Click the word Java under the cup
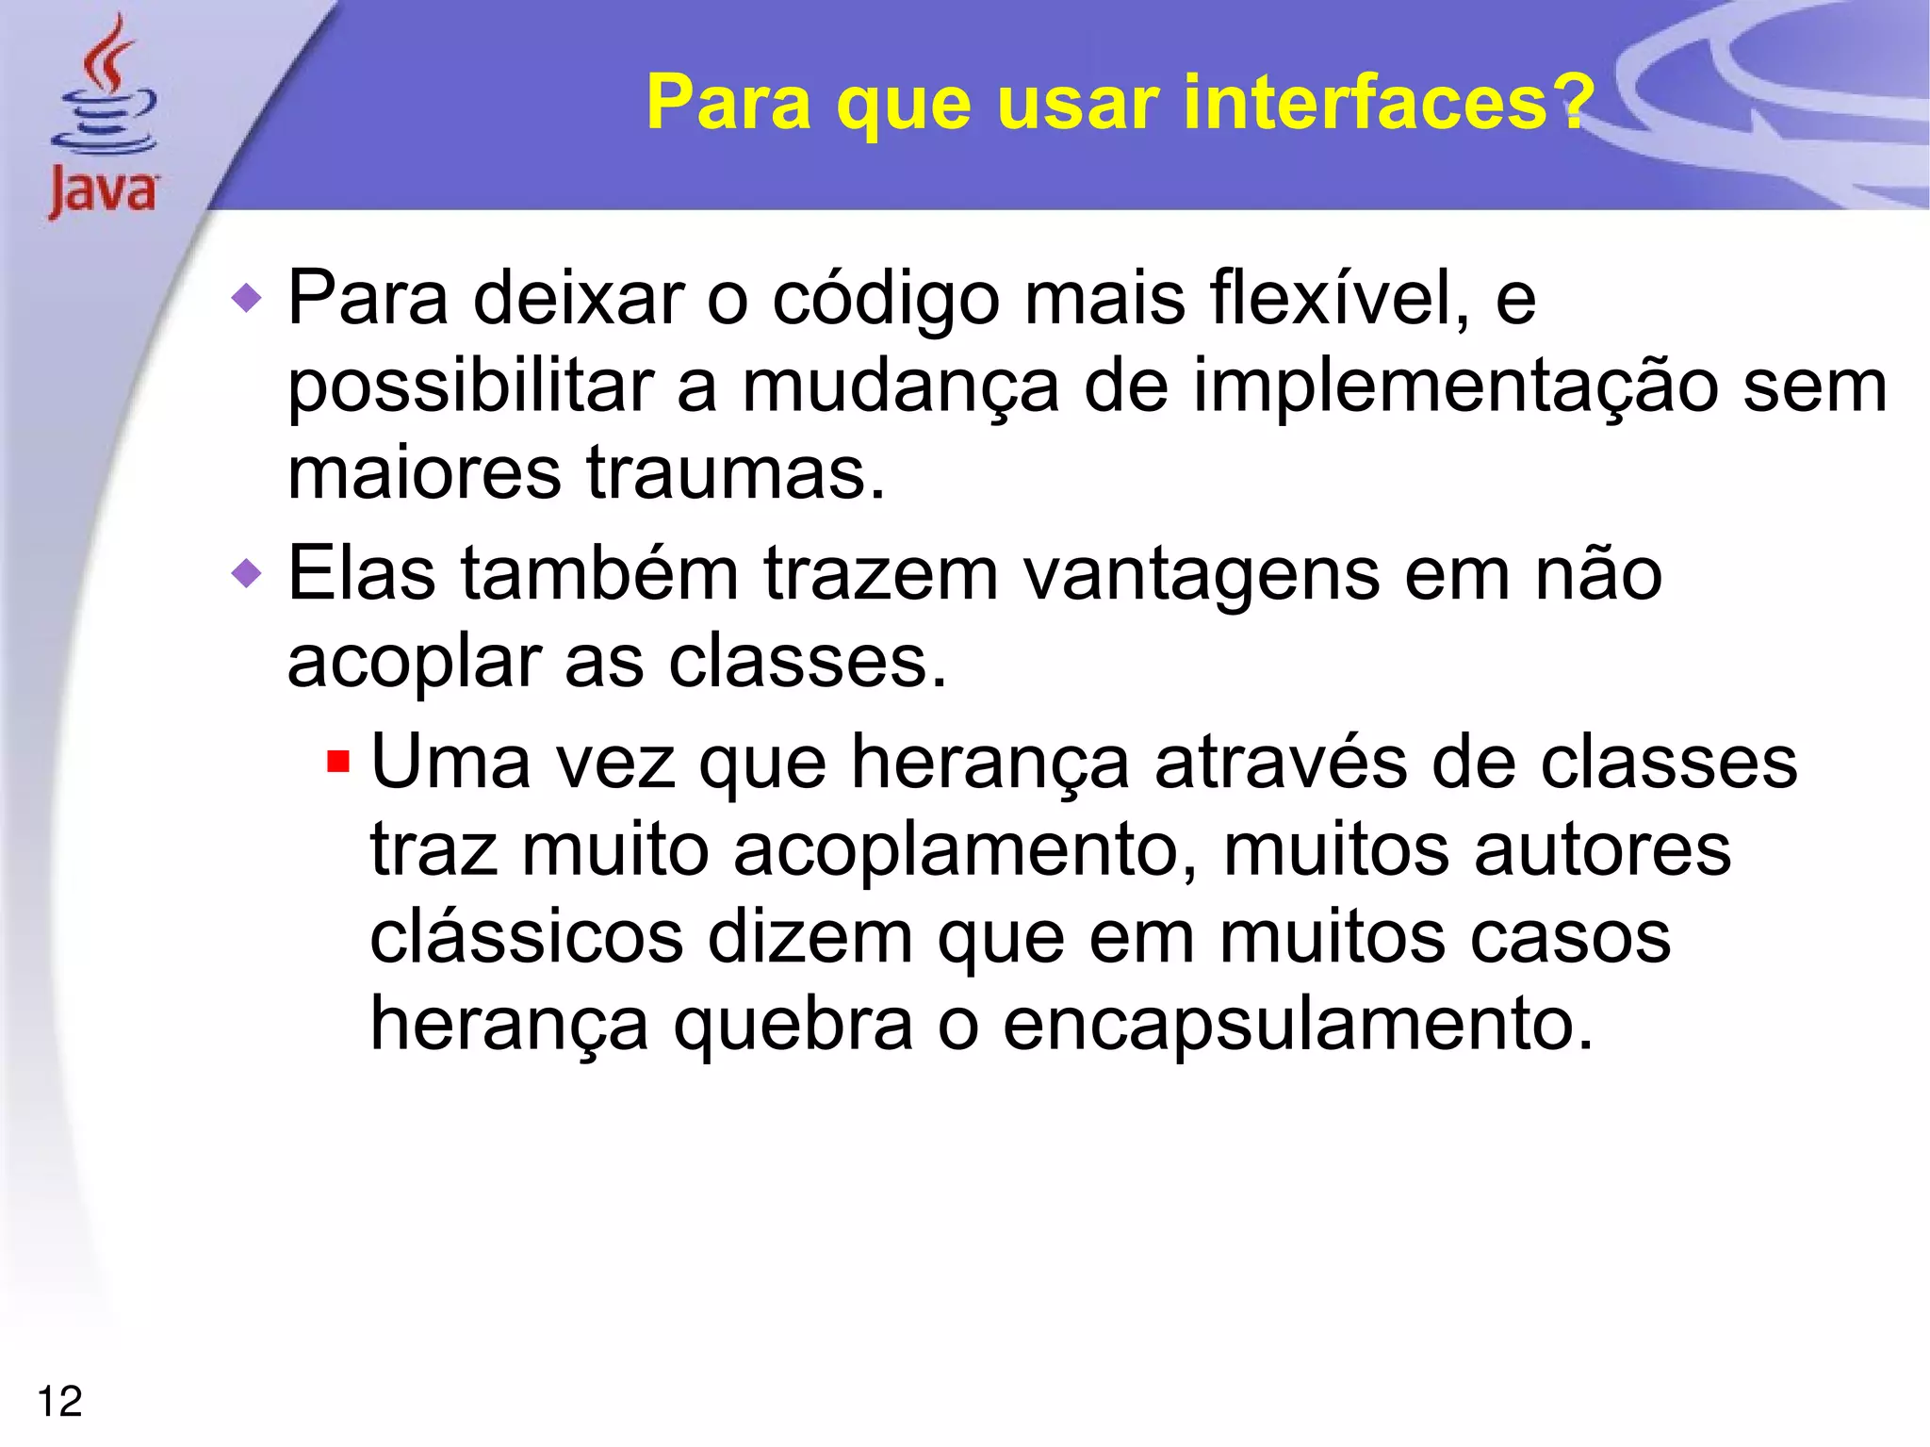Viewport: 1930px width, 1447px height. (x=104, y=193)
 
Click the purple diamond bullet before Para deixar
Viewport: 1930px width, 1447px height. (x=247, y=299)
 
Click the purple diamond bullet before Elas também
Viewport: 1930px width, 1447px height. (x=247, y=573)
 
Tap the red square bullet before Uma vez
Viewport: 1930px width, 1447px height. (x=337, y=761)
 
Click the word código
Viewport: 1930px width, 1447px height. (x=886, y=300)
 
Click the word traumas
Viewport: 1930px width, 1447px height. (x=735, y=473)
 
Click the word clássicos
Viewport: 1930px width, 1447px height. (x=526, y=937)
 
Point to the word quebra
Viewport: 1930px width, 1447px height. (x=793, y=1026)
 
